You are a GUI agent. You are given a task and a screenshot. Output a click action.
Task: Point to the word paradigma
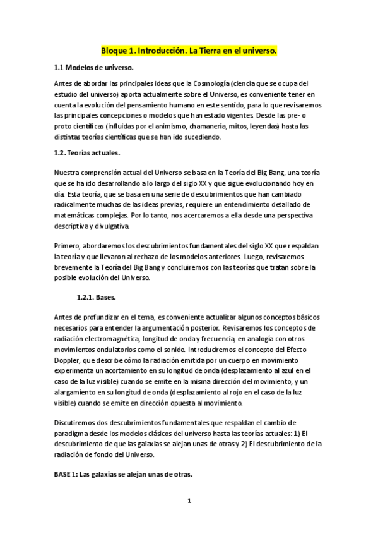(x=75, y=433)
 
